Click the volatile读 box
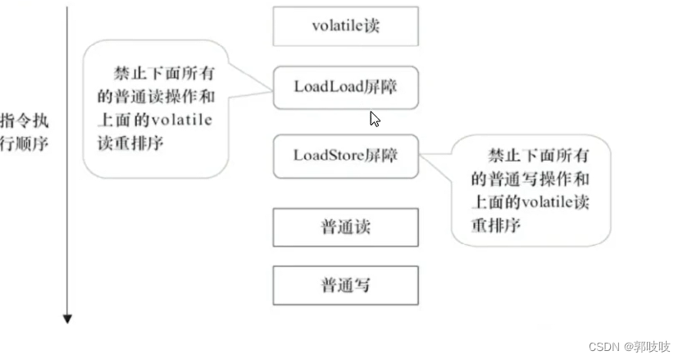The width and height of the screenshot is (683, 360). tap(345, 26)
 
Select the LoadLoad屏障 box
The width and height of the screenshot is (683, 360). tap(345, 87)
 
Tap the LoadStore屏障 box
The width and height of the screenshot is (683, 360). tap(345, 155)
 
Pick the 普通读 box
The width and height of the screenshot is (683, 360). tap(345, 226)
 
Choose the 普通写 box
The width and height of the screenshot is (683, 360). tap(345, 285)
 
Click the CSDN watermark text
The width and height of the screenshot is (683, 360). tap(605, 346)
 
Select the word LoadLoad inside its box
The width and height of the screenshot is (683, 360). tap(328, 87)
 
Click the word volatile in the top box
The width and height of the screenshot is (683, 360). tap(336, 26)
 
